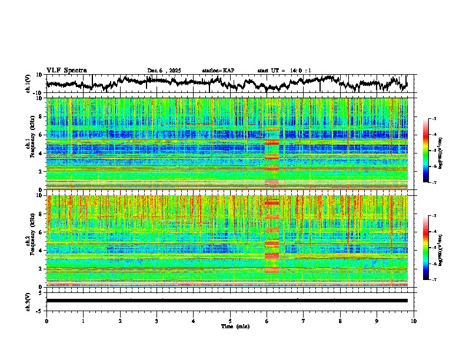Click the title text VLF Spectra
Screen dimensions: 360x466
pos(66,70)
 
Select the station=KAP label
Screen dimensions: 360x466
pos(218,71)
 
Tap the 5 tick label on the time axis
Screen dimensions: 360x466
pos(230,321)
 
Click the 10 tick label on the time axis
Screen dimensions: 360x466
pos(414,321)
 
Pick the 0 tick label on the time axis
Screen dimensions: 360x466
pos(46,321)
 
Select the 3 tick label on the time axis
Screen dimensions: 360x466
pos(157,321)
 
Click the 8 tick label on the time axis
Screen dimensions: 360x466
pos(340,321)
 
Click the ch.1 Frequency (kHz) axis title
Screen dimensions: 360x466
pos(29,144)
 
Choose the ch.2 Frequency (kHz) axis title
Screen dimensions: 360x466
pos(29,241)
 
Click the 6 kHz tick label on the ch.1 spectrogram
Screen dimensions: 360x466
pos(40,135)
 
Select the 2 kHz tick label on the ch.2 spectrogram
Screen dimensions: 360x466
pos(40,269)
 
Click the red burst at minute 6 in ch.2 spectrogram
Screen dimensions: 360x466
pos(271,241)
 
